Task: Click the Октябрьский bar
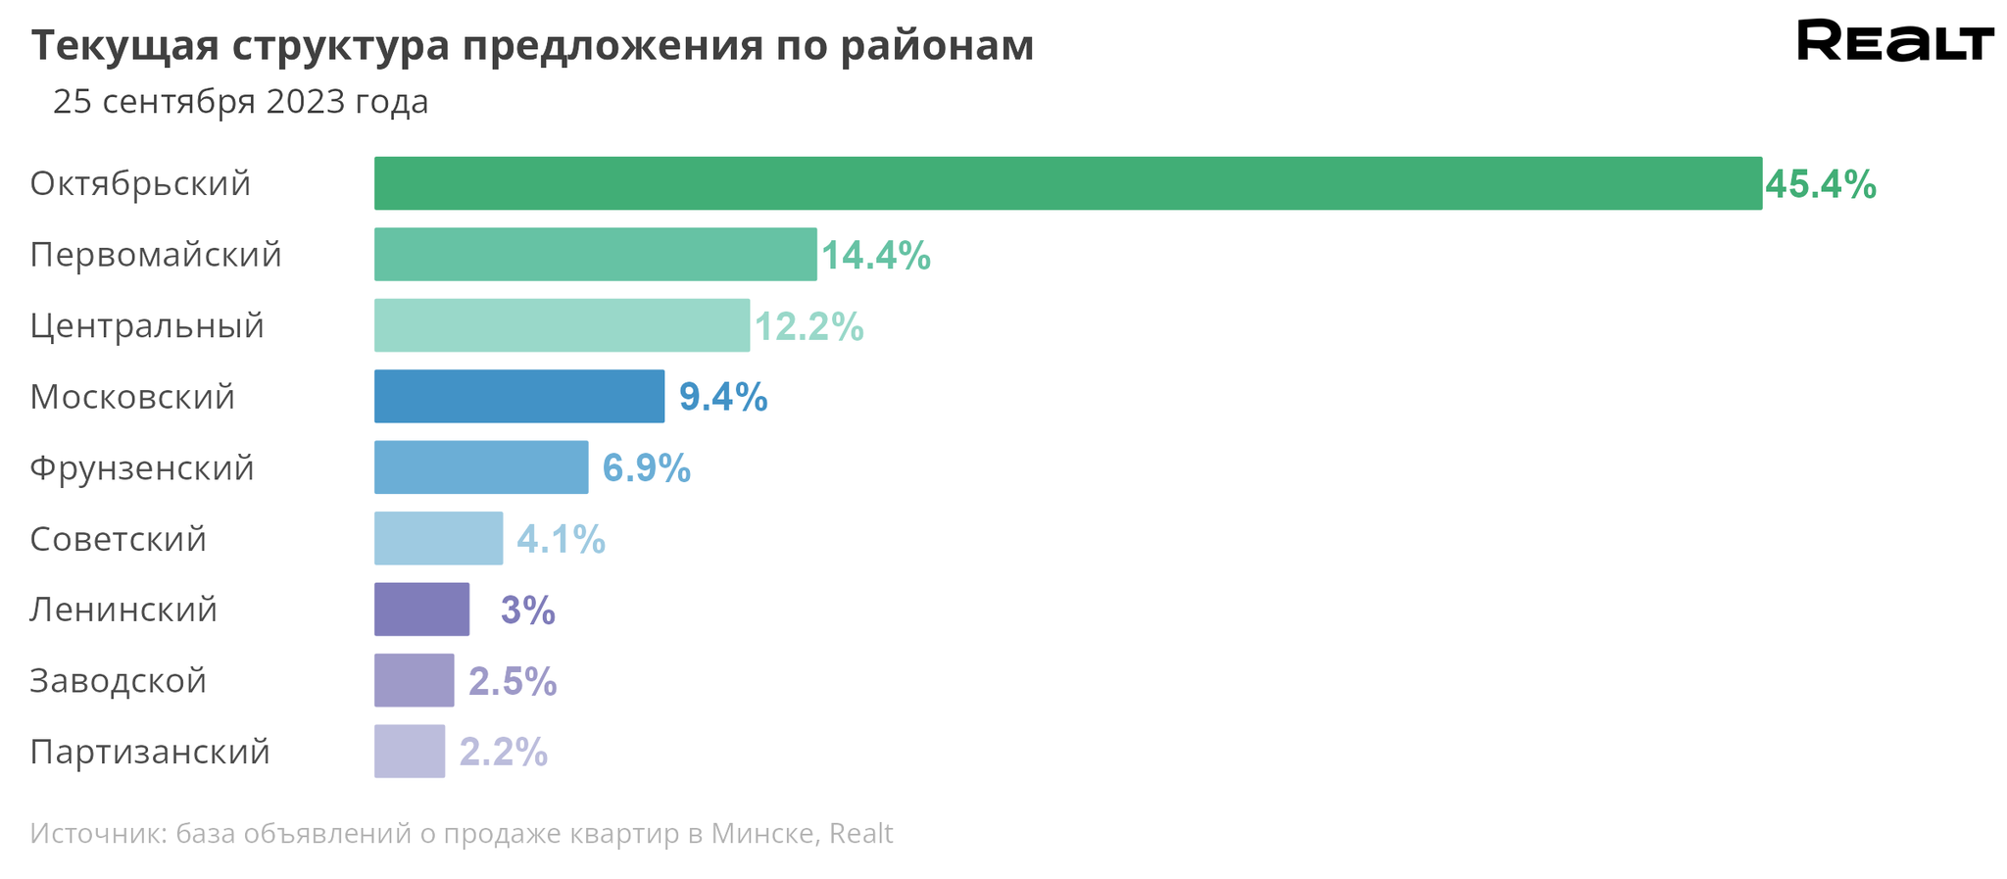coord(1067,183)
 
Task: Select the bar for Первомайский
coord(595,255)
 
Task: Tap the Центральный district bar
coord(562,325)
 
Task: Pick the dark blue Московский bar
coord(518,396)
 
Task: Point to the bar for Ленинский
coord(421,610)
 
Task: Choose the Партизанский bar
coord(409,752)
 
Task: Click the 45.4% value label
coord(1820,184)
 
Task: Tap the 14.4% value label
coord(875,256)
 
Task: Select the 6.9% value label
coord(646,468)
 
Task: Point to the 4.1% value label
coord(561,539)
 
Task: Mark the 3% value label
coord(527,610)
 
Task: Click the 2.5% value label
coord(513,681)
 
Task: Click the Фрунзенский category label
coord(142,468)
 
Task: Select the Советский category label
coord(118,539)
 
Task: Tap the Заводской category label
coord(118,680)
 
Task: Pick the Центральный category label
coord(147,325)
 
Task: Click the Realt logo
coord(1894,41)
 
